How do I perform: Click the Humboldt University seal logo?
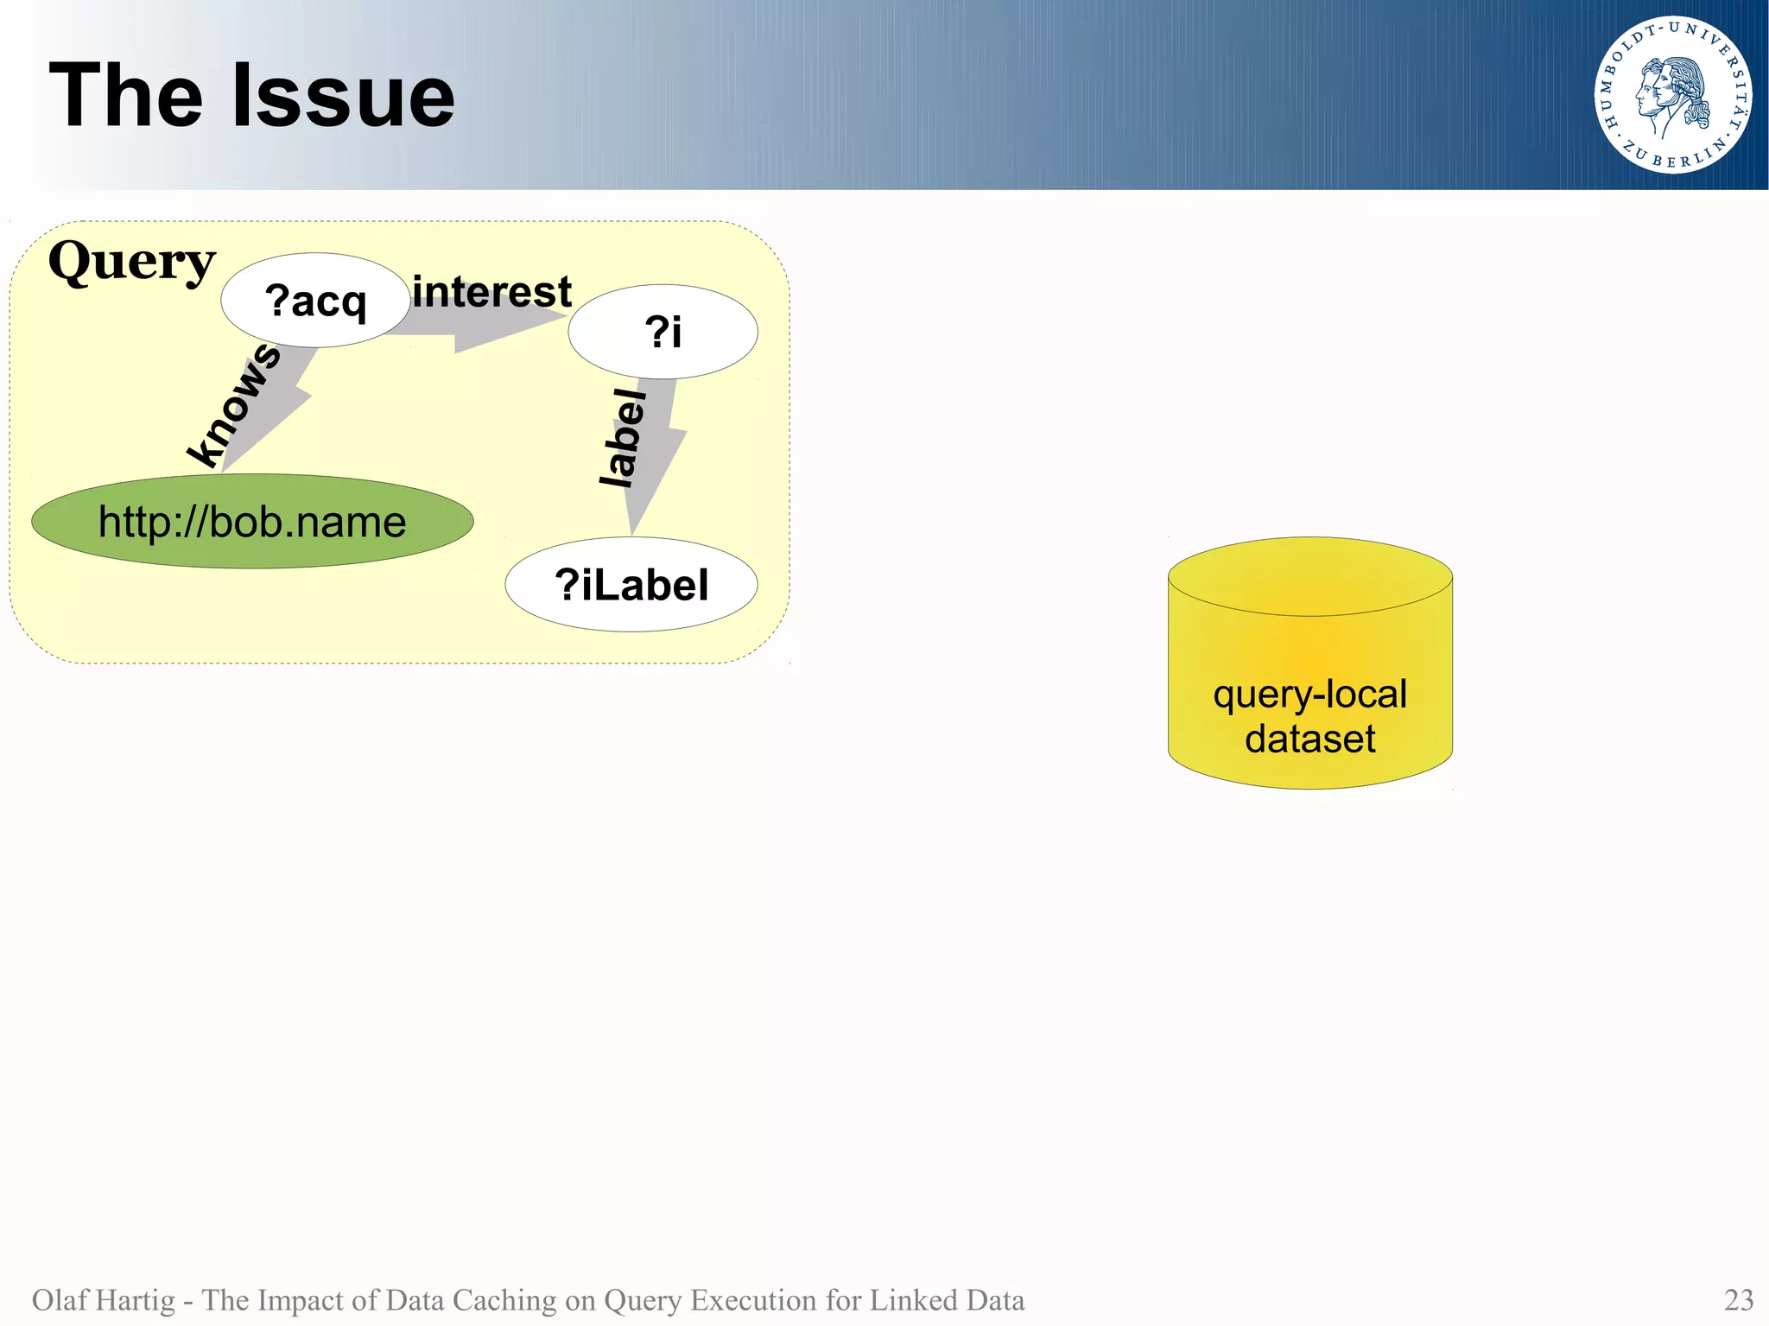click(x=1672, y=95)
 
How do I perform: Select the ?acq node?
click(x=315, y=301)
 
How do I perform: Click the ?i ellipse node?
click(x=663, y=332)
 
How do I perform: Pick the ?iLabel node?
click(x=631, y=585)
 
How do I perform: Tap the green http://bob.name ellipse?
click(x=252, y=522)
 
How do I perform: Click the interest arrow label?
click(x=491, y=291)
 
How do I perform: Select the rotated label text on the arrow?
click(x=623, y=437)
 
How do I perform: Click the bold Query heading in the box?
click(x=131, y=261)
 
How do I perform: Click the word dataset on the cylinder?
click(x=1309, y=739)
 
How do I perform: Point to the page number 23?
click(x=1738, y=1300)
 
